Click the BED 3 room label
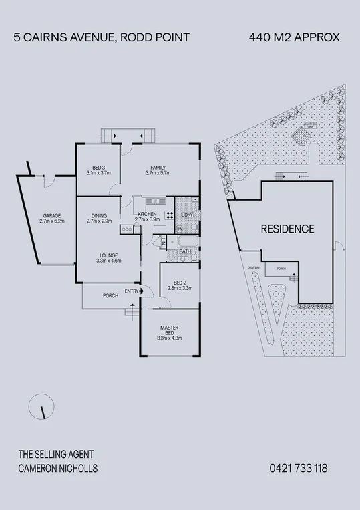coord(98,168)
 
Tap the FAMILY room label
coord(158,168)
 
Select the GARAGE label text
coord(51,216)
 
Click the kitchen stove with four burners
coord(170,215)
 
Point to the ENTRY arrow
coord(145,291)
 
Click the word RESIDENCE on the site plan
coord(287,229)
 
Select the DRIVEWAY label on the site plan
coord(252,267)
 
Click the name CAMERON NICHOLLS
coord(58,469)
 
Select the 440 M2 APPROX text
coord(294,38)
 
